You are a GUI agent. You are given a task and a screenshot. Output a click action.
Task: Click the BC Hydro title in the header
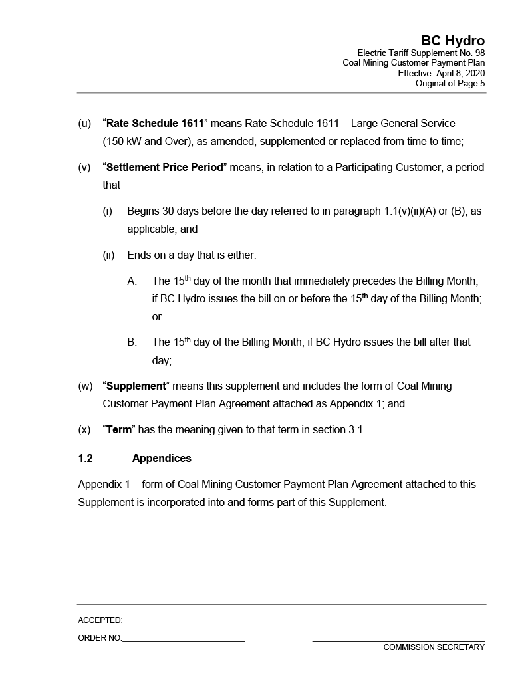[452, 41]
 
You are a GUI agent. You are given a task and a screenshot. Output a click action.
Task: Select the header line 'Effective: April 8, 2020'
[441, 73]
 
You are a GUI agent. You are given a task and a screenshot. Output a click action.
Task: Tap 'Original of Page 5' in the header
[450, 83]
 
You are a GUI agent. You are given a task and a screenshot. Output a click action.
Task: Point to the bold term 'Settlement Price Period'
[164, 168]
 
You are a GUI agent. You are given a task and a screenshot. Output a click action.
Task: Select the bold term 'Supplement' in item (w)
[136, 386]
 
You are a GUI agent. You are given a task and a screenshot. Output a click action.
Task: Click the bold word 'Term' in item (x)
[119, 430]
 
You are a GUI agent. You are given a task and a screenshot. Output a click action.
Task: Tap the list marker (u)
[84, 124]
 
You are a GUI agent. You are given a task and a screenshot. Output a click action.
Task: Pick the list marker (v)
[84, 168]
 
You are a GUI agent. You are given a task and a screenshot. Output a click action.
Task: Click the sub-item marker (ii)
[108, 255]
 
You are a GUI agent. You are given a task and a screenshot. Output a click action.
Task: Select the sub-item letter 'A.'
[132, 281]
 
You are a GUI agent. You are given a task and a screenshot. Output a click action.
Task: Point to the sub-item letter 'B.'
[132, 342]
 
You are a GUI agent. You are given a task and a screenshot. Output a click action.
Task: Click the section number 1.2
[85, 459]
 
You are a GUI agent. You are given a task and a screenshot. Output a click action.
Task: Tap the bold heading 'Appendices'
[162, 459]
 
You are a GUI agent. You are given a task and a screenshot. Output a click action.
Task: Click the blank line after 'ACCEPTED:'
[184, 621]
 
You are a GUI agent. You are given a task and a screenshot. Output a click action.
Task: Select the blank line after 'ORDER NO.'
[184, 639]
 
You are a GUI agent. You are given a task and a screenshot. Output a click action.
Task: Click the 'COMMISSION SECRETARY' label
[434, 647]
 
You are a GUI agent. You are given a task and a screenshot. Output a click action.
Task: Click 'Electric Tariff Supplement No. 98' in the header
[421, 53]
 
